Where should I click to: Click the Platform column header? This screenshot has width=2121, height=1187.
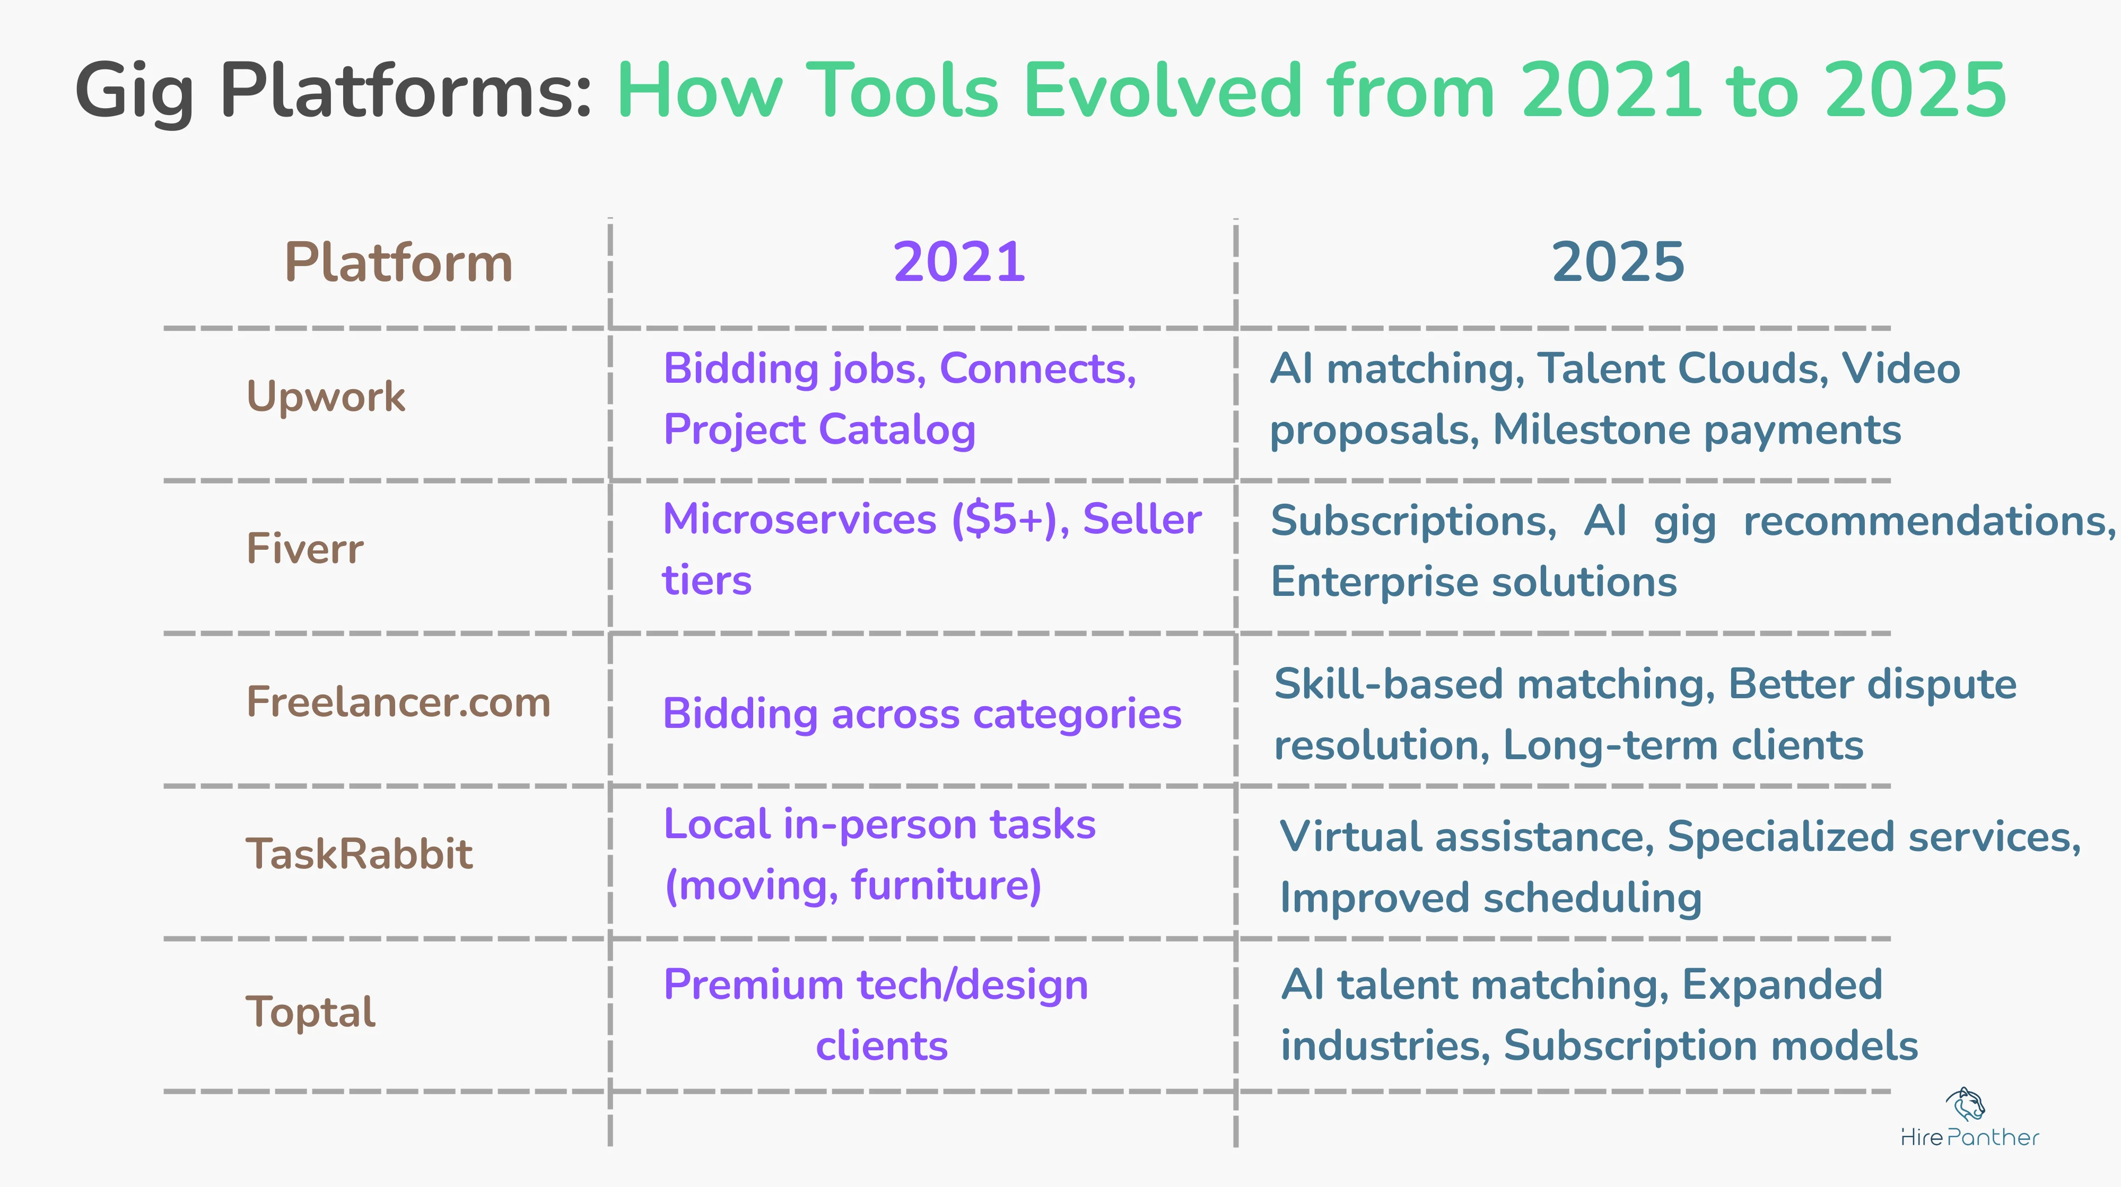point(398,263)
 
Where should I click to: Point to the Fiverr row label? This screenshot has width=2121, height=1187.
point(304,549)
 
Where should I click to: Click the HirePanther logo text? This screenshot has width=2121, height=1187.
point(1969,1138)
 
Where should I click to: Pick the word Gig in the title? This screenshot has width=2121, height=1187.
point(134,92)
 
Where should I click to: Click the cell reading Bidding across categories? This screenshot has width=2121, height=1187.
point(922,714)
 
